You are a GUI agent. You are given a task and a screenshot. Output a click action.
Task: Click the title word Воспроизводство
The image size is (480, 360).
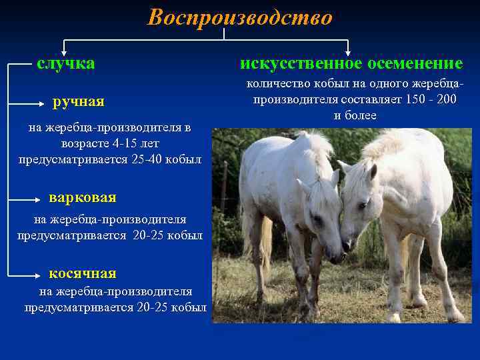(239, 18)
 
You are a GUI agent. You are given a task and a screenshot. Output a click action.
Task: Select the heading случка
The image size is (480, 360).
(65, 64)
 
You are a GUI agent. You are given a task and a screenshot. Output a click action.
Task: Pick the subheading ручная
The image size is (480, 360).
(79, 102)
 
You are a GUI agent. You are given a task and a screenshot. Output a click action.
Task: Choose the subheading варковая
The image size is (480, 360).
(83, 198)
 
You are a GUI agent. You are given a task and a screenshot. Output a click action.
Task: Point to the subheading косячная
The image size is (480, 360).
(83, 274)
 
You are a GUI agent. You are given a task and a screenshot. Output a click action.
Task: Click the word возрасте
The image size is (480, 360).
(86, 143)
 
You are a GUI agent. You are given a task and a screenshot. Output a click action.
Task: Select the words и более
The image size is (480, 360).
(355, 116)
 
